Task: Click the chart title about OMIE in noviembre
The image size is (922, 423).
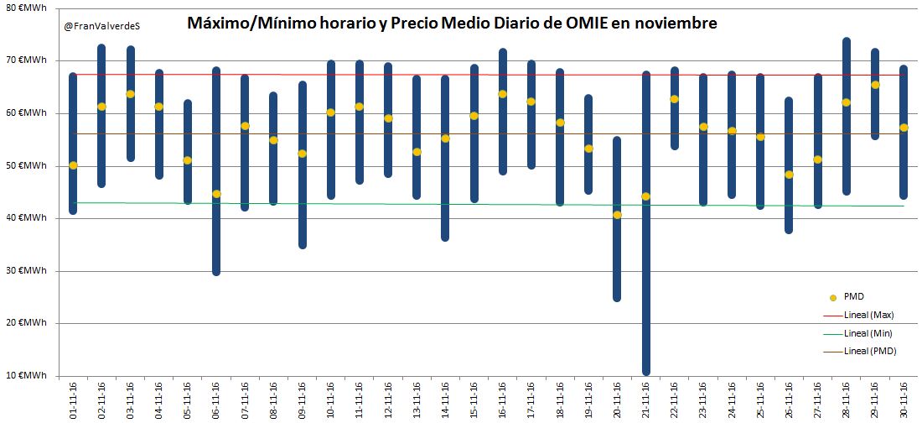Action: (x=452, y=24)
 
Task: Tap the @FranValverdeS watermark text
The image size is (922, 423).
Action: (x=102, y=26)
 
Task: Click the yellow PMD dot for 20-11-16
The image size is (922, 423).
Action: (x=617, y=215)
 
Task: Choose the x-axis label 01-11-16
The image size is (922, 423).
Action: (x=73, y=399)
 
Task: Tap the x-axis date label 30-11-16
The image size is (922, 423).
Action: (x=904, y=399)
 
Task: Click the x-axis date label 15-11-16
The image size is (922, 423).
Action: (x=474, y=399)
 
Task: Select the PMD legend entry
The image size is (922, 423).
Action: (x=854, y=297)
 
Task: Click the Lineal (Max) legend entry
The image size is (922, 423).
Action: (x=869, y=315)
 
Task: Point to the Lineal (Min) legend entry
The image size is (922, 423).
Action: (x=868, y=333)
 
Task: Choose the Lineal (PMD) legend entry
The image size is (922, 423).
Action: (x=870, y=351)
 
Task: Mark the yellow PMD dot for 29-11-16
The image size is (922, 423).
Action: (x=875, y=85)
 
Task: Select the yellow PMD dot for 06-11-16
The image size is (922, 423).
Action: (x=216, y=194)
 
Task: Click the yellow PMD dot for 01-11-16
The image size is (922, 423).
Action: (x=73, y=165)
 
